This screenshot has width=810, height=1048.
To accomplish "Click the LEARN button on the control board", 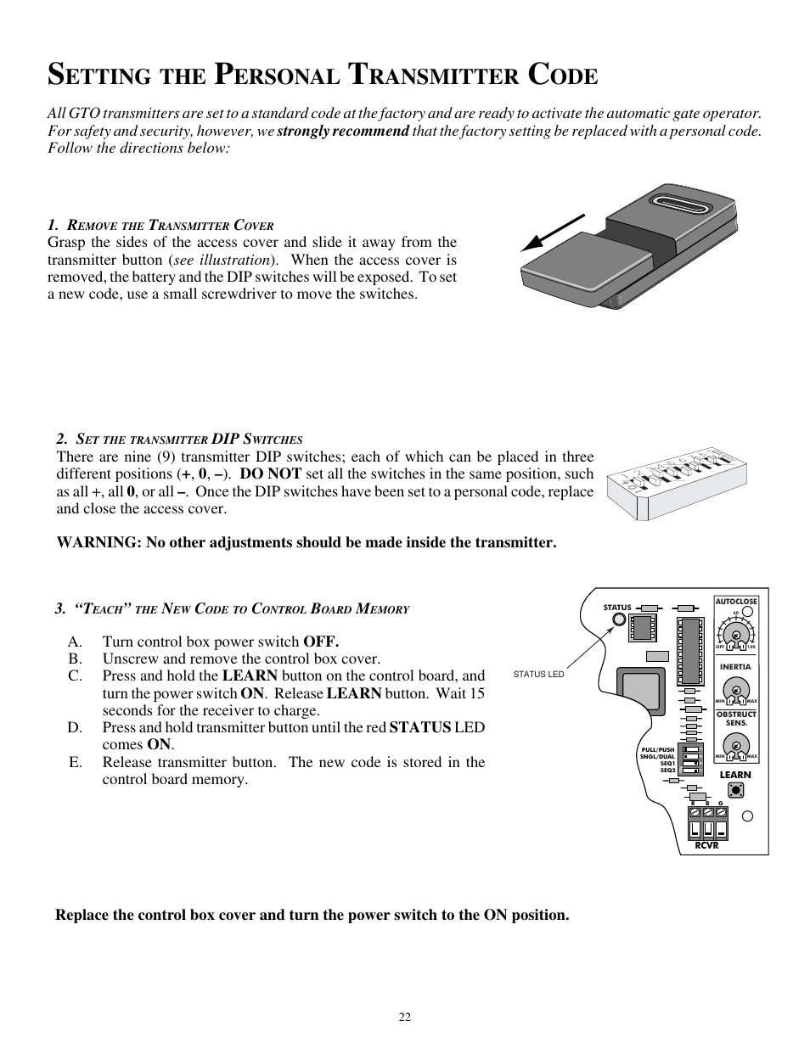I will pyautogui.click(x=736, y=790).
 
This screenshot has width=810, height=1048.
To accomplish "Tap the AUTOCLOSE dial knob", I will pyautogui.click(x=735, y=636).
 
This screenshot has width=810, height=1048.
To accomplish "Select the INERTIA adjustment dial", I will pyautogui.click(x=735, y=688).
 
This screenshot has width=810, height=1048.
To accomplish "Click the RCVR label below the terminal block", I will pyautogui.click(x=706, y=845).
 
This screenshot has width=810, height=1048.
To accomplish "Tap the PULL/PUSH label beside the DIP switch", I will pyautogui.click(x=658, y=749).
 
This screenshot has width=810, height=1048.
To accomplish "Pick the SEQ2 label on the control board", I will pyautogui.click(x=667, y=771).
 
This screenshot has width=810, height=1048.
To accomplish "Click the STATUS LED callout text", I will pyautogui.click(x=538, y=675).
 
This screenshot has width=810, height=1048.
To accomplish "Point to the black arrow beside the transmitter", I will pyautogui.click(x=552, y=233).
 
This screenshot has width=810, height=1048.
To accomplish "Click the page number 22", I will pyautogui.click(x=405, y=1017).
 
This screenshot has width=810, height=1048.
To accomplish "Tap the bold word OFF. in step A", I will pyautogui.click(x=321, y=642).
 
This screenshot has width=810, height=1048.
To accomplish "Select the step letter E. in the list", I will pyautogui.click(x=76, y=762).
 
